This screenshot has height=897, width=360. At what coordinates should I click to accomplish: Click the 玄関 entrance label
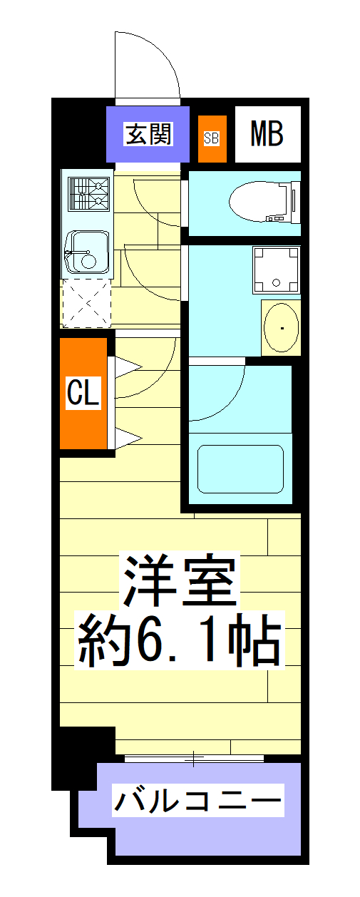(149, 134)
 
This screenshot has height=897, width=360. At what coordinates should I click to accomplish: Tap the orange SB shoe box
(212, 138)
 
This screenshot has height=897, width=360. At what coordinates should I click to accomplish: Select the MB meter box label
(267, 133)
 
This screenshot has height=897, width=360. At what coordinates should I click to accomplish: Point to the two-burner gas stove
(89, 193)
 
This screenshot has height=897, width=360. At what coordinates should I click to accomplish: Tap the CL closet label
(83, 393)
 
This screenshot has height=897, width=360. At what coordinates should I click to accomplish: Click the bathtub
(240, 468)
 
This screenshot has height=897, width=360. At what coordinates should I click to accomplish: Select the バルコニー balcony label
(197, 801)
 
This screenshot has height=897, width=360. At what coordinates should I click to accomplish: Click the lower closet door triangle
(127, 437)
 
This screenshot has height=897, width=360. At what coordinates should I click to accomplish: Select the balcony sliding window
(194, 758)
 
